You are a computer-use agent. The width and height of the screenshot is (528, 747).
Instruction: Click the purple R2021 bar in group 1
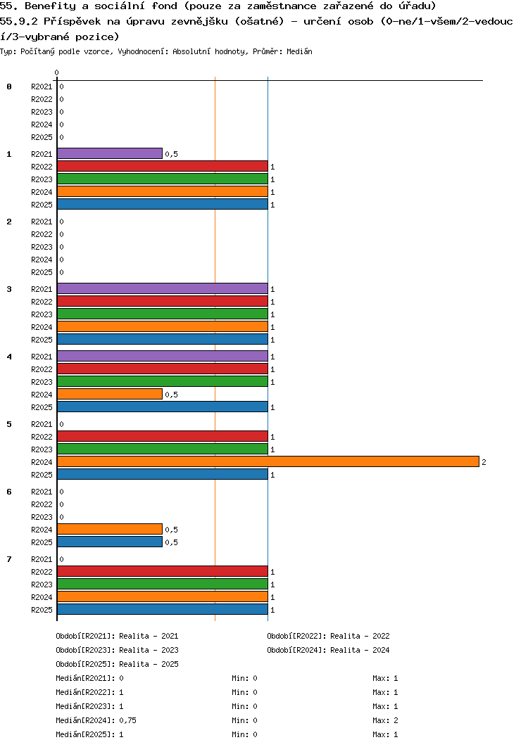click(x=110, y=153)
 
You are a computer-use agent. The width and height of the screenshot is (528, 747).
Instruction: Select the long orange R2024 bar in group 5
click(x=268, y=461)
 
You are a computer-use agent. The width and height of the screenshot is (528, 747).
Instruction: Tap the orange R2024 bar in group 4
click(x=110, y=394)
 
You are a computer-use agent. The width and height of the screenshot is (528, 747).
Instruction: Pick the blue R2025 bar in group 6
click(x=110, y=542)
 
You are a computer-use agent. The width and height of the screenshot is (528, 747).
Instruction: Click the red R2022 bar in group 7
click(x=163, y=571)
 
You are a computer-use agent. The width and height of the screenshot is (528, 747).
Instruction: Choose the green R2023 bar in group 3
click(x=163, y=314)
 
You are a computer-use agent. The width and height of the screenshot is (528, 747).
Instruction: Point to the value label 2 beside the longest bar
click(x=484, y=462)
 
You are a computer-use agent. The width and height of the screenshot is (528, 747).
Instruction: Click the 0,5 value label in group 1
click(x=171, y=154)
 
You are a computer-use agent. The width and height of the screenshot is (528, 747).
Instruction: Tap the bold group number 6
click(x=9, y=492)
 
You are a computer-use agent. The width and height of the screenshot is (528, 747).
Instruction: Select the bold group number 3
click(x=9, y=289)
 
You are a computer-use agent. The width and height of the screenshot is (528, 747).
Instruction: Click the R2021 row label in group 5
click(x=42, y=424)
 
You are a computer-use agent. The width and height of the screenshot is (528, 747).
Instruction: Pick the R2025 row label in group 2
click(x=42, y=272)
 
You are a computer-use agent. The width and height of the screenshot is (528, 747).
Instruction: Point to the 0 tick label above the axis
click(x=57, y=72)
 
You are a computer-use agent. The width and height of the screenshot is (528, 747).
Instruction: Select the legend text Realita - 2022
click(x=360, y=636)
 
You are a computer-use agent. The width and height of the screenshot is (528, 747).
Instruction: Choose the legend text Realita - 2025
click(x=149, y=664)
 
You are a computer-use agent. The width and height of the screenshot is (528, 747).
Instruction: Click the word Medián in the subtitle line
click(x=299, y=51)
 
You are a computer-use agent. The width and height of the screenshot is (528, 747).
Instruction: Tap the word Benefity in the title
click(x=50, y=6)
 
